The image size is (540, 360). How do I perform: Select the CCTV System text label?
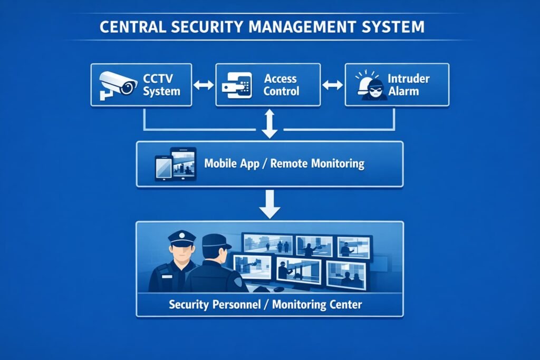click(161, 85)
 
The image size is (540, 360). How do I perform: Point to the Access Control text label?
click(281, 85)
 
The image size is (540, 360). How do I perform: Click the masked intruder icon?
click(373, 86)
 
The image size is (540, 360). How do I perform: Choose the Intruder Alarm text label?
click(409, 85)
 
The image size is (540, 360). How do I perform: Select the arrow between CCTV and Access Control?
click(204, 85)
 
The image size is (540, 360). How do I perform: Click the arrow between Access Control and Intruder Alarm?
click(332, 85)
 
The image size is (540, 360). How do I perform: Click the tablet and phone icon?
click(175, 164)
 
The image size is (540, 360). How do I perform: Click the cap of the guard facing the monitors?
click(216, 241)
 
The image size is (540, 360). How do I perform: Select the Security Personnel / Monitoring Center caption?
click(265, 305)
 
